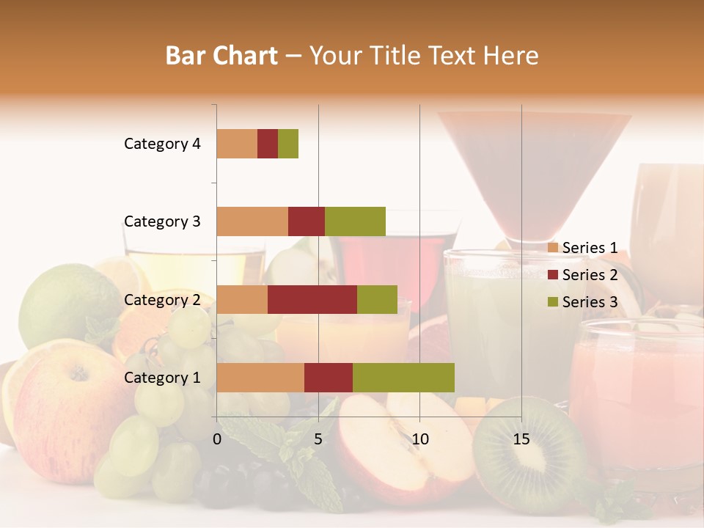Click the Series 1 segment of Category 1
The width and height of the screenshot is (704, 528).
(260, 378)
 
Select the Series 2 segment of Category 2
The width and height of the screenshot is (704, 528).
(312, 299)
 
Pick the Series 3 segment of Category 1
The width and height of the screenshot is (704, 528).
(403, 378)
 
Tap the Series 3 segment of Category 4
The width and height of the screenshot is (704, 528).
(288, 144)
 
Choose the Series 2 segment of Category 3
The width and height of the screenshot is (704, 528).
(307, 221)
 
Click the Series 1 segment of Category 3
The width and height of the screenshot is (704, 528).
(252, 221)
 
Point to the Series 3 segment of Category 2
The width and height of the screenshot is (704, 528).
(377, 299)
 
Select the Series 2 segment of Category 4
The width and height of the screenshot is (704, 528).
(268, 144)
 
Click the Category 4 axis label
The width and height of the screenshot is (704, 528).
(162, 144)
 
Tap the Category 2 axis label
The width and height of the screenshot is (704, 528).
(162, 300)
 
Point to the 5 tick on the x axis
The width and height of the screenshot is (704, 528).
(318, 439)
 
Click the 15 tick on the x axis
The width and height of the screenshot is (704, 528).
(521, 439)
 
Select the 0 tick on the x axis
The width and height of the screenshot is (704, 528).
(217, 439)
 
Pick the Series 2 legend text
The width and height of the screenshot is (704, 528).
(590, 275)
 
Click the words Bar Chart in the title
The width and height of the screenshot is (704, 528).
(221, 56)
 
